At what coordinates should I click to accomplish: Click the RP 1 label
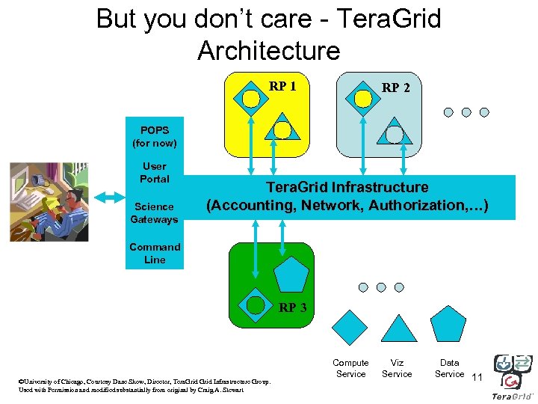[x=282, y=86]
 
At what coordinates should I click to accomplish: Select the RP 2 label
[x=395, y=88]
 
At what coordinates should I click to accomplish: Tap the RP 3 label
[x=292, y=307]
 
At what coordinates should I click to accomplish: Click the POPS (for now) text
[x=155, y=136]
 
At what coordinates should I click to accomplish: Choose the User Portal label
[x=155, y=173]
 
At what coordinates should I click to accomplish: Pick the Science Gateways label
[x=155, y=213]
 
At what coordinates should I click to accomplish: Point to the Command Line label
[x=155, y=254]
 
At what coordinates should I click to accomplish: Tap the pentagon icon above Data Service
[x=449, y=325]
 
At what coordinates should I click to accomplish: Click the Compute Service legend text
[x=350, y=368]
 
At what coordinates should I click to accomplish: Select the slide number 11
[x=477, y=376]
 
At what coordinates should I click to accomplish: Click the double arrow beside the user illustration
[x=110, y=197]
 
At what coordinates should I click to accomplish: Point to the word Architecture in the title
[x=268, y=51]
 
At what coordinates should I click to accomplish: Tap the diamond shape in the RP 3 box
[x=256, y=304]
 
